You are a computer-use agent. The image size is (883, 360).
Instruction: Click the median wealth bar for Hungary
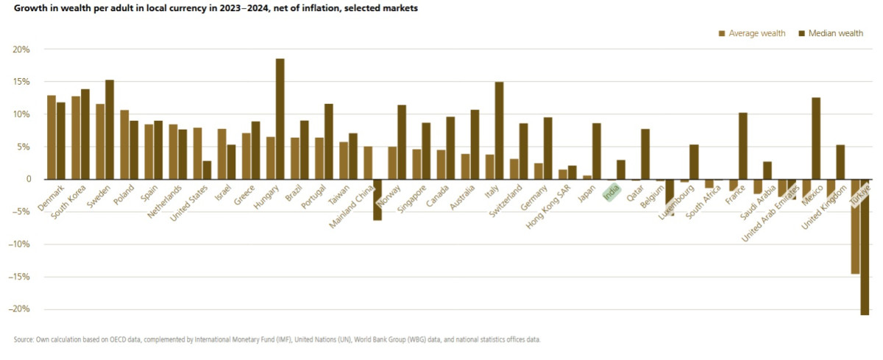(280, 119)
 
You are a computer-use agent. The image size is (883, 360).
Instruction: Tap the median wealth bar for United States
(207, 169)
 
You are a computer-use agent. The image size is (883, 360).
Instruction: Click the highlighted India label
(610, 194)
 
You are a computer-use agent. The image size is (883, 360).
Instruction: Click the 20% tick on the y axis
(21, 49)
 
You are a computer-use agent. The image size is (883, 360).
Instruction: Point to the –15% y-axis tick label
(19, 277)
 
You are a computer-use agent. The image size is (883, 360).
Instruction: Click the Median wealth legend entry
(831, 33)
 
